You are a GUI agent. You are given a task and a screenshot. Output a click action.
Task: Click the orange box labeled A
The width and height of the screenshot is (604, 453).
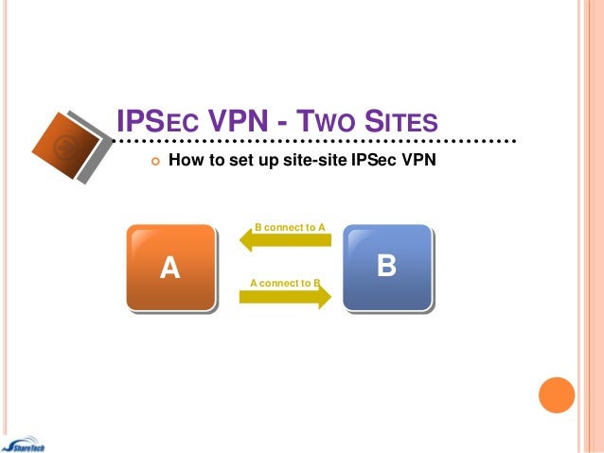click(x=170, y=268)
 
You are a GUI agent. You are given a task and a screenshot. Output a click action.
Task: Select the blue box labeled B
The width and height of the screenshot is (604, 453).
click(x=386, y=267)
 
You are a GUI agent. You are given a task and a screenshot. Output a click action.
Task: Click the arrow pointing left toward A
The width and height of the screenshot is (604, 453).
click(x=284, y=241)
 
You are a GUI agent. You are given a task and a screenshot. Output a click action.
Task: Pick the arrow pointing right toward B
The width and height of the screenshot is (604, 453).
click(x=284, y=296)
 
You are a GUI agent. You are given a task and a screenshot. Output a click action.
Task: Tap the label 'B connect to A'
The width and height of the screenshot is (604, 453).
click(x=291, y=228)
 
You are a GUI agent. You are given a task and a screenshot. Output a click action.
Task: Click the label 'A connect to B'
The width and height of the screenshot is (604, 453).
click(x=285, y=283)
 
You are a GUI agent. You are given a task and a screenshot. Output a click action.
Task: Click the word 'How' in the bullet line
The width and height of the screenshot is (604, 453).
click(x=185, y=160)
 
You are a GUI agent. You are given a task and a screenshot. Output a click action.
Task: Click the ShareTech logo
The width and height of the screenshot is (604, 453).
click(x=28, y=444)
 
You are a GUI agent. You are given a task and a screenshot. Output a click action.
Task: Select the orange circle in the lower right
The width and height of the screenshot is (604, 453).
click(x=557, y=395)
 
